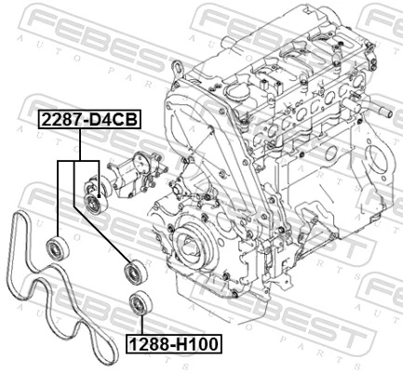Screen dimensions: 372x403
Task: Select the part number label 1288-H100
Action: (174, 344)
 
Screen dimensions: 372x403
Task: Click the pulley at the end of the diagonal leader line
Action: (132, 272)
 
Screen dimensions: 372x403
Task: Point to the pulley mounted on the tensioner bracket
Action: (93, 200)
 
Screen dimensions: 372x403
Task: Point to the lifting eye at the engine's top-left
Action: (175, 67)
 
